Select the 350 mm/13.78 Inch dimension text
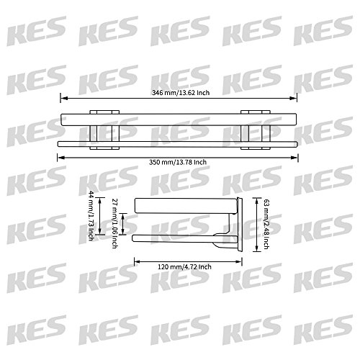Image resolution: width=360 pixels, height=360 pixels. pos(180,162)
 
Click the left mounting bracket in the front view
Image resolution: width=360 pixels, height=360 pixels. pos(103,128)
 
